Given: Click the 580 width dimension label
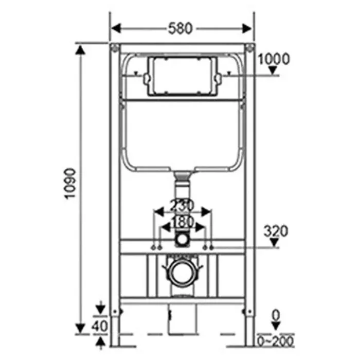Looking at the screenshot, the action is point(180,28).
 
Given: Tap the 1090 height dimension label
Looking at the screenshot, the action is point(70,184).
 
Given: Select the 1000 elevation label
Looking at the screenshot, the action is point(274,59).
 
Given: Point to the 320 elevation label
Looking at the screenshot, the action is point(276,231).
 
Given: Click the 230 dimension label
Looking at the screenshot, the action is point(182,205).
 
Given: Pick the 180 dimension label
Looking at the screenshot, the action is point(182,222).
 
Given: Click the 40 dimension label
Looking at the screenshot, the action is point(99,326).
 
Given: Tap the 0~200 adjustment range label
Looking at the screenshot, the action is point(276,340).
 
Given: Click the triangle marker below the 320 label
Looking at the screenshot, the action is point(274,243).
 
